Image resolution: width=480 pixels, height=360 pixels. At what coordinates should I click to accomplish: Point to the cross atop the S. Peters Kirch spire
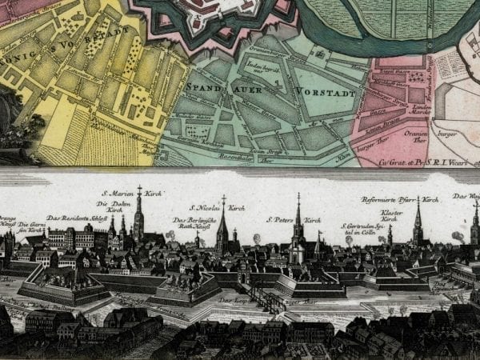[x=298, y=197]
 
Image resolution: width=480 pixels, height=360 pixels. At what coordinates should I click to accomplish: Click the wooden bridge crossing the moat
[x=266, y=298]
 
